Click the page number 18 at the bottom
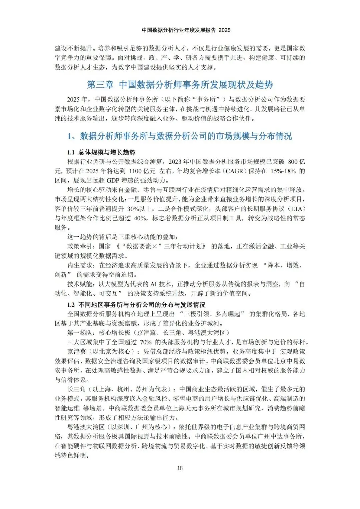click(180, 468)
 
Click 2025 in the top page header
click(225, 30)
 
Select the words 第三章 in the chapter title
click(100, 85)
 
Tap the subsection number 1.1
click(71, 152)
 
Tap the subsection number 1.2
click(71, 305)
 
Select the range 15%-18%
click(283, 171)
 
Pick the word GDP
click(115, 180)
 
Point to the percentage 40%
click(140, 218)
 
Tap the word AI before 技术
click(153, 284)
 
